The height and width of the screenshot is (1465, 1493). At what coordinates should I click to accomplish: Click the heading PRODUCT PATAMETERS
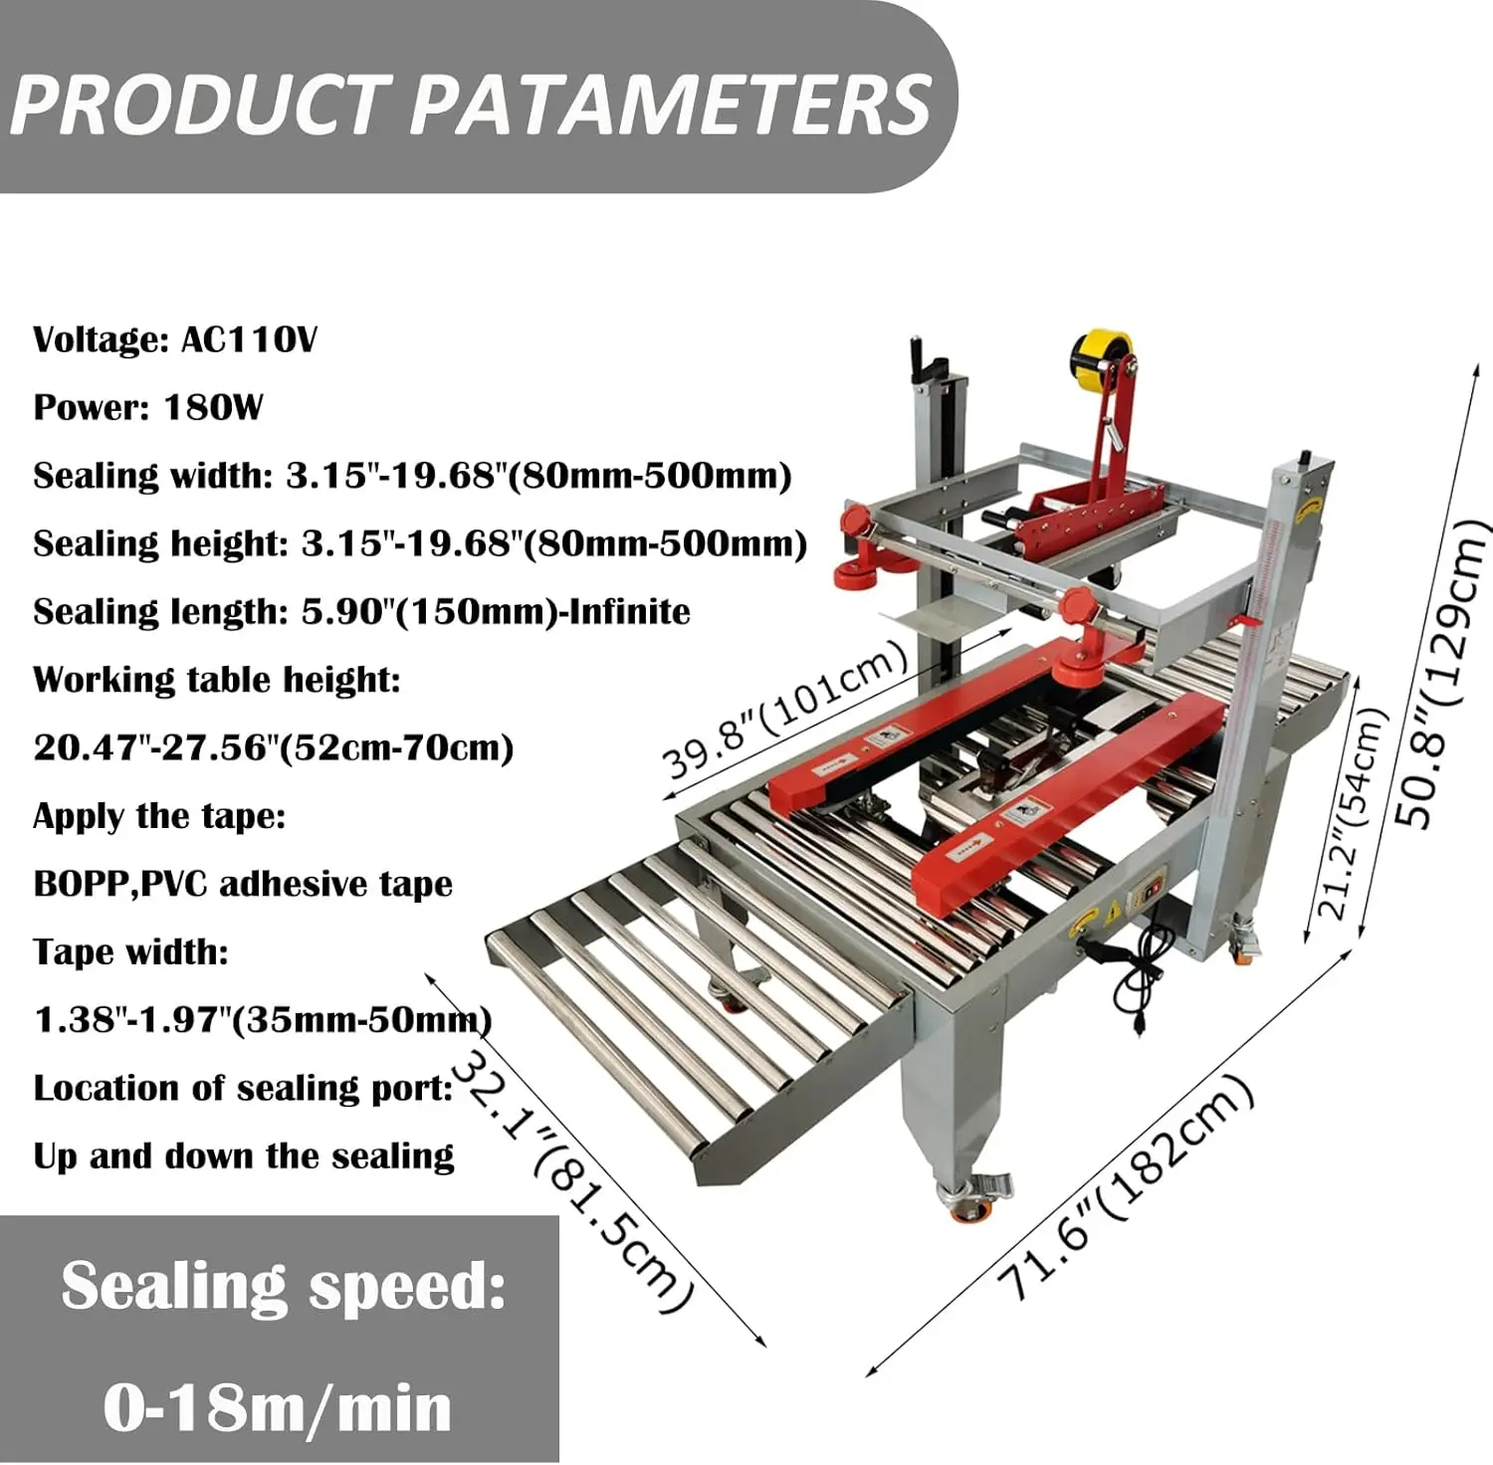(x=471, y=105)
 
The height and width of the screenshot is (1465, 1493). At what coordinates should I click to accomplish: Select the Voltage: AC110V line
(x=175, y=340)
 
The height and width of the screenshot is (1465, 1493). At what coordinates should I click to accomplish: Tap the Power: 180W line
(x=148, y=408)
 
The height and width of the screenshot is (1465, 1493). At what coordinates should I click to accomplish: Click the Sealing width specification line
(x=412, y=476)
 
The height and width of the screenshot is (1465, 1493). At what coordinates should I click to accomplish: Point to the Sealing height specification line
(x=420, y=544)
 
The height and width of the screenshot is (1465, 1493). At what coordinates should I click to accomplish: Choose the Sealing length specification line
(x=361, y=612)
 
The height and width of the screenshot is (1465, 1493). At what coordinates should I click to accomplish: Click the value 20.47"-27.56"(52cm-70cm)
(x=274, y=747)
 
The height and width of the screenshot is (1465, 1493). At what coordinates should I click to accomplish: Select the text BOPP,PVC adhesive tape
(x=243, y=884)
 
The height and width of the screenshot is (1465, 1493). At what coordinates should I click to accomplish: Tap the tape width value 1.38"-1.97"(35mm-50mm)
(x=263, y=1020)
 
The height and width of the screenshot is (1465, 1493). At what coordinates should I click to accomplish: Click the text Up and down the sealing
(x=244, y=1156)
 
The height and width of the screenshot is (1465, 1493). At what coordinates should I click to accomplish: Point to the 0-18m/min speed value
(x=278, y=1407)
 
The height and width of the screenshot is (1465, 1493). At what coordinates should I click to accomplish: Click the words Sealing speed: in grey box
(x=284, y=1287)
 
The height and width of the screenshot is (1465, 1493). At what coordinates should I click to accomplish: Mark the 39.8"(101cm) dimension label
(x=786, y=710)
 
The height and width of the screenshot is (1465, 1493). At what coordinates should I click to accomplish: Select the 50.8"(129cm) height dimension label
(x=1442, y=674)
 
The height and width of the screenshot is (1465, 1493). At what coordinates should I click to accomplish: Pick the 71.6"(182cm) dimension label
(x=1125, y=1187)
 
